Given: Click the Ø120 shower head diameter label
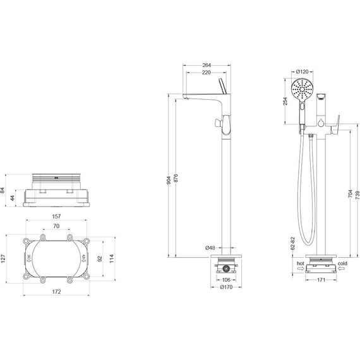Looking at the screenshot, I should (x=302, y=64).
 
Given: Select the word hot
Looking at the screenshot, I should (x=299, y=263).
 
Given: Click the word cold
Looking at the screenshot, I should (x=343, y=263).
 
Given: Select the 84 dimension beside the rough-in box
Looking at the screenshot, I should (x=4, y=189).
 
